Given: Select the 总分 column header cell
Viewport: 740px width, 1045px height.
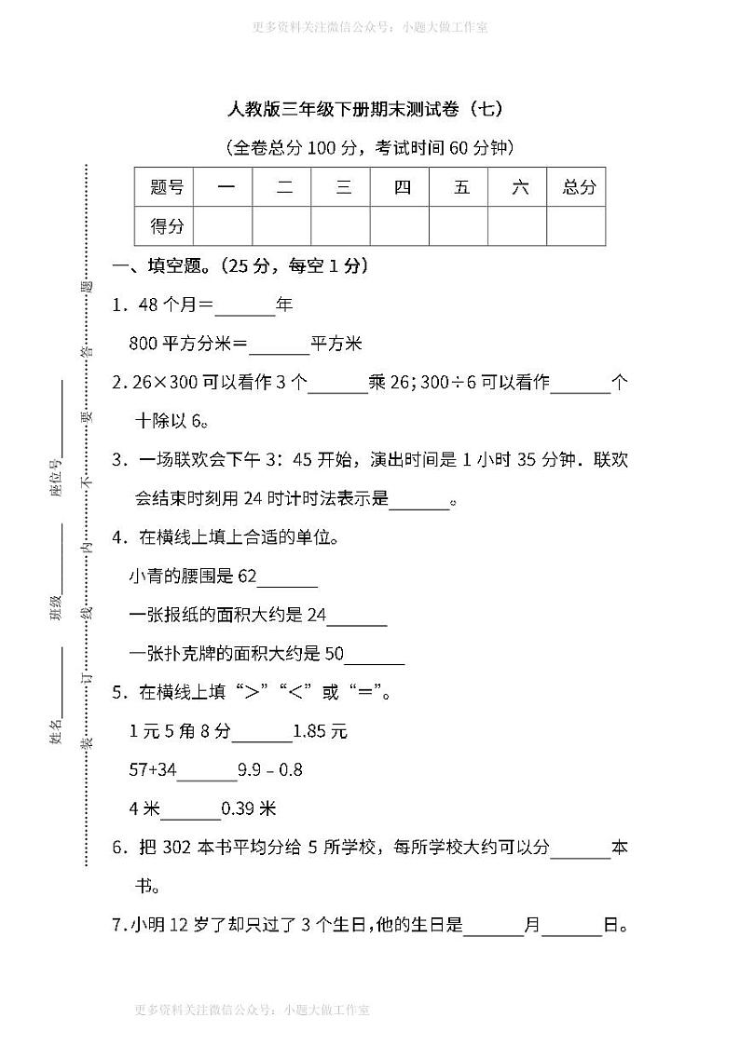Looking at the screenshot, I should pos(579,187).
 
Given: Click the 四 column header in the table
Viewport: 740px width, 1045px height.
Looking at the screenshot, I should pos(402,187).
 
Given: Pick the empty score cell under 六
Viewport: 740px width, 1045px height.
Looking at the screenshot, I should pos(519,225).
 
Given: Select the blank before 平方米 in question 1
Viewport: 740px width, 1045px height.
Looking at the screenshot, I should pos(280,346).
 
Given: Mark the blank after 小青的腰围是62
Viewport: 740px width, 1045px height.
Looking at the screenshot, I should pos(287,579).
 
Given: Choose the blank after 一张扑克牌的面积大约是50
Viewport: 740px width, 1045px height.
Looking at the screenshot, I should pos(375,656).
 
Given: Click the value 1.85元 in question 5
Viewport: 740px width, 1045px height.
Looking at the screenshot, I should pos(320,732).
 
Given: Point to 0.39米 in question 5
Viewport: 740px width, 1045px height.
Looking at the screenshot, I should pos(249,809).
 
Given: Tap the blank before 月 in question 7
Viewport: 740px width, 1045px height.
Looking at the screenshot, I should pos(494,928).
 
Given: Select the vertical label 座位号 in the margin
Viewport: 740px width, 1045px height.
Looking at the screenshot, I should pos(56,477).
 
